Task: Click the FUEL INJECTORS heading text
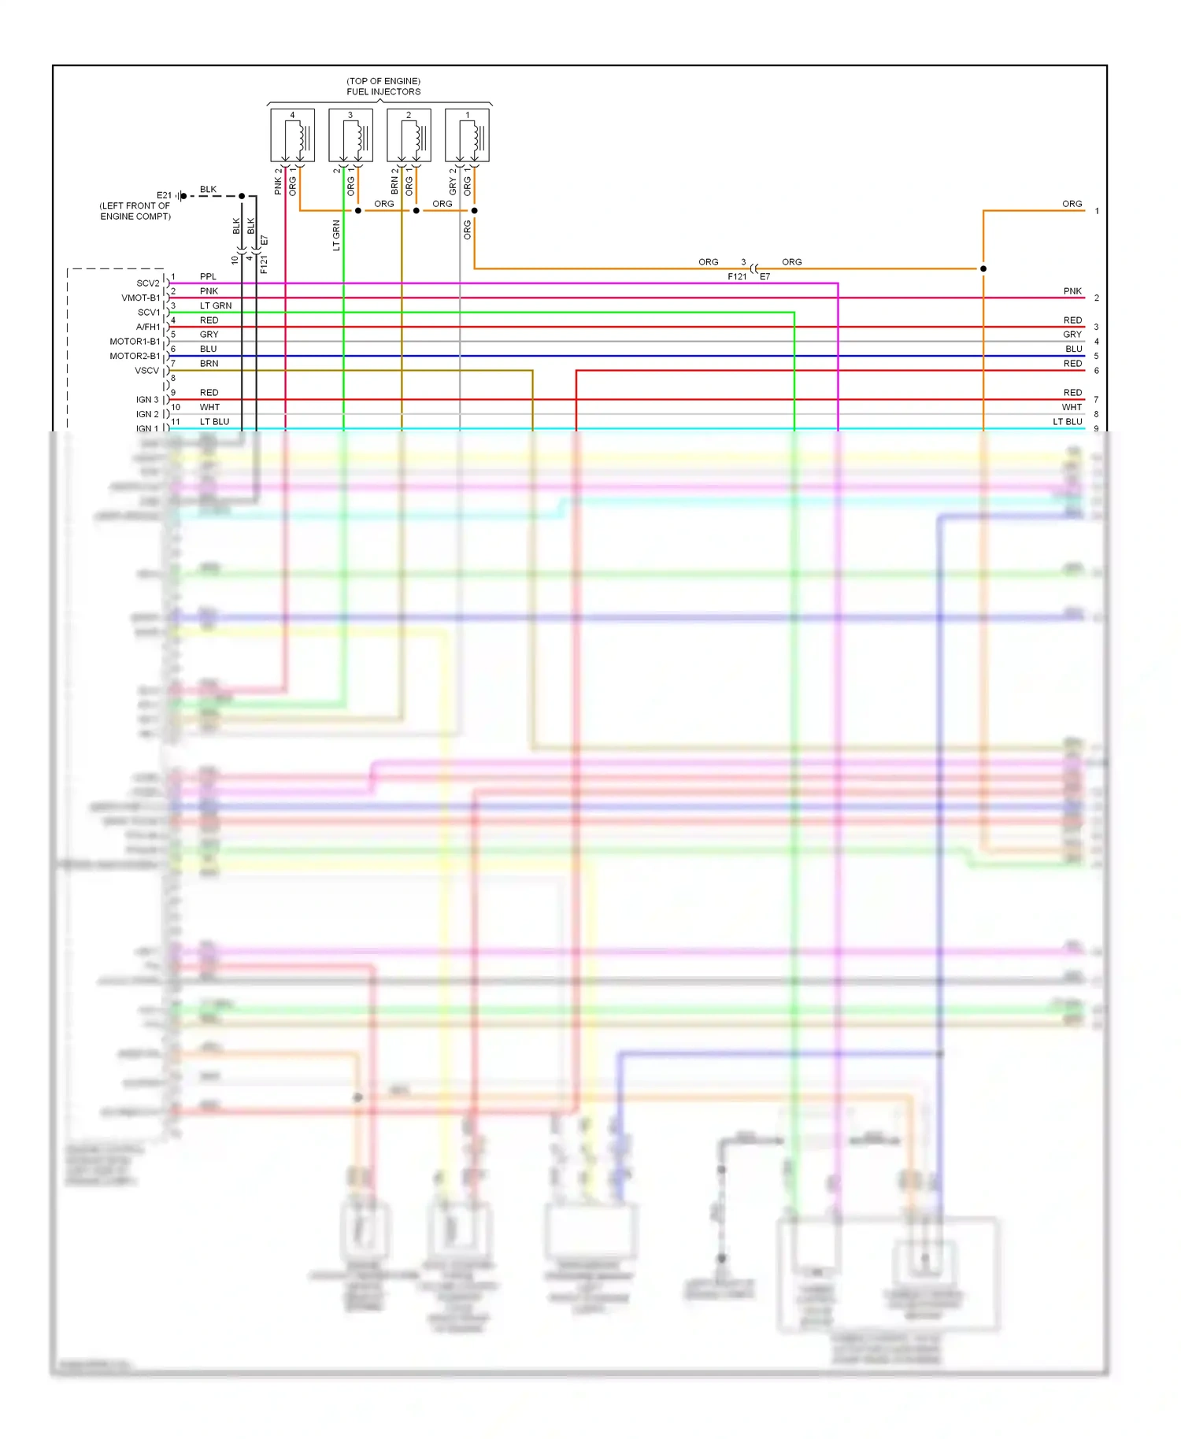[383, 91]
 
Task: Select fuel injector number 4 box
[292, 136]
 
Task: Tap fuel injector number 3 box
[350, 136]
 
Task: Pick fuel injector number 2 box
[409, 136]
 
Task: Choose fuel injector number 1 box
[467, 136]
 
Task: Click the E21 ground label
[164, 195]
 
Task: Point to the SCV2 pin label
[147, 283]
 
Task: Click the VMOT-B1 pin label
[140, 298]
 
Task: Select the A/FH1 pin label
[147, 327]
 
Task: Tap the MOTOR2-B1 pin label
[135, 356]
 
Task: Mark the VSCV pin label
[146, 371]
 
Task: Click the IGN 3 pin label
[147, 400]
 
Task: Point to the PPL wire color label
[208, 276]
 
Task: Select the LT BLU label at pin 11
[214, 422]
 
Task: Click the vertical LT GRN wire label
[336, 235]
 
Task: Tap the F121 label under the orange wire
[737, 276]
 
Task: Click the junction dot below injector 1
[474, 210]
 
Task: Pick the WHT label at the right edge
[1072, 407]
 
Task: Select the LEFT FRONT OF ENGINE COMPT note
[135, 211]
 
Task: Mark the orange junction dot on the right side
[983, 268]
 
